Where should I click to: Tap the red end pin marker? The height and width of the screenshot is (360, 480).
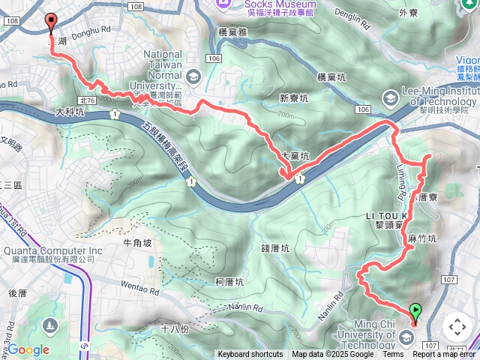tap(51, 22)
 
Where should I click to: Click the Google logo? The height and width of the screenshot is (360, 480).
tap(28, 349)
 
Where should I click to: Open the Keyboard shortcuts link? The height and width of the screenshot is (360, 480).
tap(250, 355)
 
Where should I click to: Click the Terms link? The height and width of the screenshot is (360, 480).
tap(393, 355)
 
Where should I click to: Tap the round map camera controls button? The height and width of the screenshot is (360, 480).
tap(457, 327)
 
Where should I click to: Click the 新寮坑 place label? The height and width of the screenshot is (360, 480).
tap(294, 98)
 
